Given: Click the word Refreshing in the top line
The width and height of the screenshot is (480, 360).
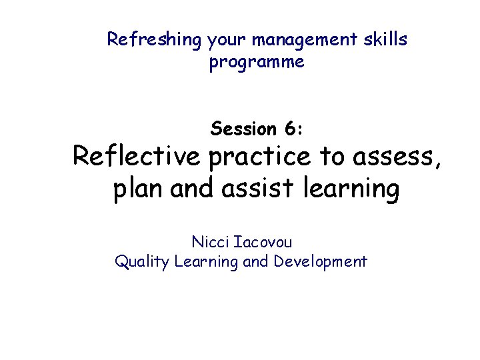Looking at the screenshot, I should click(x=154, y=40).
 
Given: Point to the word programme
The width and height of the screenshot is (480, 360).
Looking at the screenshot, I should click(x=257, y=63).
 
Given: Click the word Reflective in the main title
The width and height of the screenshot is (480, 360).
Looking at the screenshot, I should click(x=136, y=157).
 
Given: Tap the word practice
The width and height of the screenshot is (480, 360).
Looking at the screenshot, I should click(x=259, y=157).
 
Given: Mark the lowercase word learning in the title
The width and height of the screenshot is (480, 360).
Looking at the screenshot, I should click(x=351, y=190).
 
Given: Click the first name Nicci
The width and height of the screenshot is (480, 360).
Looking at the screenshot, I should click(x=209, y=241).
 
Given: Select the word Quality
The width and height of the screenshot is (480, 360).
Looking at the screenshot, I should click(x=142, y=262).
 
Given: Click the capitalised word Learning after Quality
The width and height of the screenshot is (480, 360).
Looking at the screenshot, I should click(x=205, y=262).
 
